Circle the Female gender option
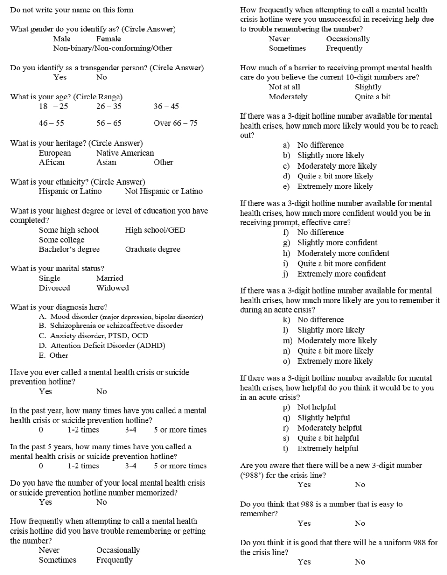[x=108, y=39]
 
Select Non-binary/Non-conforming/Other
[x=113, y=48]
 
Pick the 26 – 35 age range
[x=108, y=106]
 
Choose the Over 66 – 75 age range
[x=175, y=123]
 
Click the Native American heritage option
[x=125, y=153]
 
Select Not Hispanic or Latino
[x=164, y=191]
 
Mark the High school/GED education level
[x=155, y=230]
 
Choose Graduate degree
[x=153, y=249]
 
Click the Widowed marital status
[x=112, y=287]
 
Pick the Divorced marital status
[x=54, y=287]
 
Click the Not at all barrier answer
[x=284, y=87]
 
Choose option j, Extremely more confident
[x=341, y=274]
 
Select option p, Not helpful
[x=316, y=407]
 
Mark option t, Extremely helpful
[x=328, y=448]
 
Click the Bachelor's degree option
[x=69, y=249]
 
